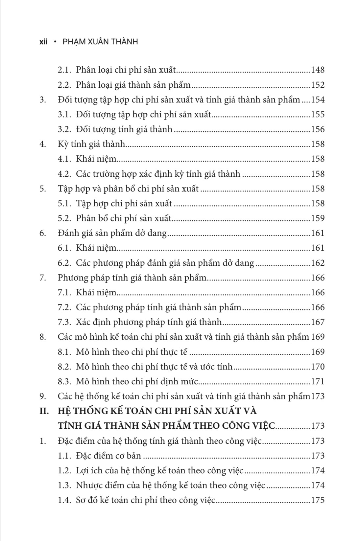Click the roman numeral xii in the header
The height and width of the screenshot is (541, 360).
tap(43, 42)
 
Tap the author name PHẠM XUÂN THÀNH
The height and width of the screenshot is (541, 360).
tap(100, 42)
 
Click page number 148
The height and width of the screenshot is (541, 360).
tap(318, 70)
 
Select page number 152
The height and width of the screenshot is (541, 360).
tap(318, 85)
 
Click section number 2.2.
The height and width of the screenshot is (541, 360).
tap(65, 85)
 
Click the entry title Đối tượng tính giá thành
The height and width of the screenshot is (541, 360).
tap(124, 129)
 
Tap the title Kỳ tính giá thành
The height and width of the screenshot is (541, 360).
tap(92, 144)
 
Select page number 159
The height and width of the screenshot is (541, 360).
tap(318, 218)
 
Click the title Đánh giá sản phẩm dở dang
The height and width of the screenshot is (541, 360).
tap(112, 233)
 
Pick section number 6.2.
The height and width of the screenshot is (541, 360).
tap(65, 263)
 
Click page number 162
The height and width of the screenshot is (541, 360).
tap(318, 263)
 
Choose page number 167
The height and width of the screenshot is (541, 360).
tap(318, 322)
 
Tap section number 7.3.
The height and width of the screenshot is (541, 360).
tap(65, 322)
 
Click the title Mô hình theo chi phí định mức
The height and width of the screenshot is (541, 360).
tap(137, 382)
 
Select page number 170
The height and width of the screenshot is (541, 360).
tap(318, 367)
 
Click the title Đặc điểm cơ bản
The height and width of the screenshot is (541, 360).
tap(108, 456)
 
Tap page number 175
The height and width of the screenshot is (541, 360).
tap(318, 500)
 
